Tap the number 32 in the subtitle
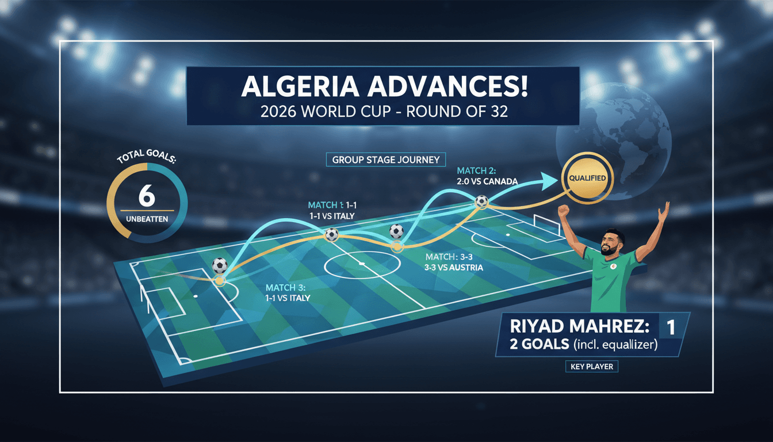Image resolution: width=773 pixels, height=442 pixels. pyautogui.click(x=499, y=112)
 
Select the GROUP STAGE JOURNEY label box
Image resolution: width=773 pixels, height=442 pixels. pyautogui.click(x=386, y=160)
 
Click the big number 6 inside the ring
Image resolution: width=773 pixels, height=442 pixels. pyautogui.click(x=147, y=196)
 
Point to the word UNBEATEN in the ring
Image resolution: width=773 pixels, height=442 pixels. pyautogui.click(x=147, y=219)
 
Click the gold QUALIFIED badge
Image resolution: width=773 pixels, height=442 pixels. pyautogui.click(x=587, y=178)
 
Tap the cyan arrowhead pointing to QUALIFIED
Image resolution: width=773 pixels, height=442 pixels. pyautogui.click(x=549, y=181)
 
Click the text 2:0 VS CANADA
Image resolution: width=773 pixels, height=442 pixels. pyautogui.click(x=487, y=181)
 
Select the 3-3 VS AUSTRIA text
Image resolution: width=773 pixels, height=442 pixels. pyautogui.click(x=453, y=268)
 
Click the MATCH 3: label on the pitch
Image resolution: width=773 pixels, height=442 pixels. pyautogui.click(x=285, y=288)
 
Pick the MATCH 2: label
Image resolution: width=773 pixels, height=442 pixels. pyautogui.click(x=477, y=170)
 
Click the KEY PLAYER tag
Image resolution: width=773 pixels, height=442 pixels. pyautogui.click(x=592, y=367)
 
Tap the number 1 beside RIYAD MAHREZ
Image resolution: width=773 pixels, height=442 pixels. pyautogui.click(x=671, y=327)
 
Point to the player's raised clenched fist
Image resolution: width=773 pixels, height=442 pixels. pyautogui.click(x=563, y=211)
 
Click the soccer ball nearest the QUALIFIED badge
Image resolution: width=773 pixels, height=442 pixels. pyautogui.click(x=481, y=201)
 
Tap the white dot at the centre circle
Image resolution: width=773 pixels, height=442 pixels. pyautogui.click(x=362, y=264)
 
